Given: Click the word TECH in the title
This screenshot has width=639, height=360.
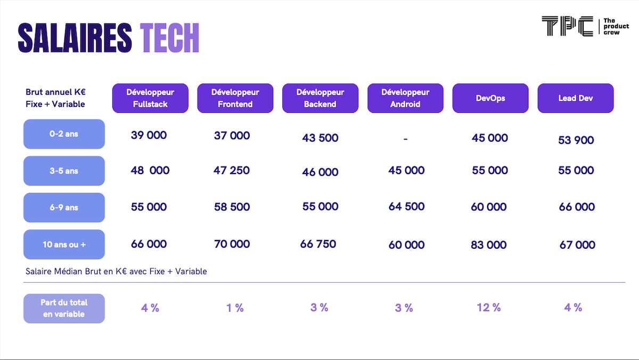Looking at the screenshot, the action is [x=169, y=38].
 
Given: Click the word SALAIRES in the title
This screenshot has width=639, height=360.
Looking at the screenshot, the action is [x=75, y=38].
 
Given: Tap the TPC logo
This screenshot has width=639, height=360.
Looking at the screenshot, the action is [x=585, y=26].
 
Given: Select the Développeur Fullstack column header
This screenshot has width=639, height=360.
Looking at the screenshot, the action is [x=150, y=98].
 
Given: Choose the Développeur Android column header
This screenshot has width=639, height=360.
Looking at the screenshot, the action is [x=405, y=98].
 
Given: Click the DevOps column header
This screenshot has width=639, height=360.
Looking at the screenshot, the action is [x=490, y=98].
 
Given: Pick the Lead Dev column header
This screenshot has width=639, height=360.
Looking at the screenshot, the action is [x=576, y=98].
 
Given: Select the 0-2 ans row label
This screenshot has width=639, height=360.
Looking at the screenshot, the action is [x=64, y=134].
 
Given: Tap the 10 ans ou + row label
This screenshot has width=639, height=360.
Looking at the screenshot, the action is [x=64, y=244].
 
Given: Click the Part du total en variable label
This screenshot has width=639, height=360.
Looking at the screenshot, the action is [x=64, y=308].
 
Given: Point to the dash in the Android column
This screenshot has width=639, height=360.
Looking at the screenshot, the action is [x=405, y=139].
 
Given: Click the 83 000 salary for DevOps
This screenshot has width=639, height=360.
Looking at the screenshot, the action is [x=489, y=245].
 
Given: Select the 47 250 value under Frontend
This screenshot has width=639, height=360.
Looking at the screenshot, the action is [x=231, y=170].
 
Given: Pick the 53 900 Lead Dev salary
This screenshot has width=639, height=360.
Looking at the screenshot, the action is [x=576, y=140].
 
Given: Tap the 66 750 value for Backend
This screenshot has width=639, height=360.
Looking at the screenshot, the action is [x=318, y=244].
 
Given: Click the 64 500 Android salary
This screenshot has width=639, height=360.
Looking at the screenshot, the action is [x=406, y=207].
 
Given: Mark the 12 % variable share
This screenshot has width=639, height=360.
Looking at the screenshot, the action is [x=489, y=307].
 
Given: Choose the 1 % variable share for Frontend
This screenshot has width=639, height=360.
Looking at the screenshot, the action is [x=235, y=308].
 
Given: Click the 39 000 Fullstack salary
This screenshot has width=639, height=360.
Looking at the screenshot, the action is [x=149, y=135].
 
